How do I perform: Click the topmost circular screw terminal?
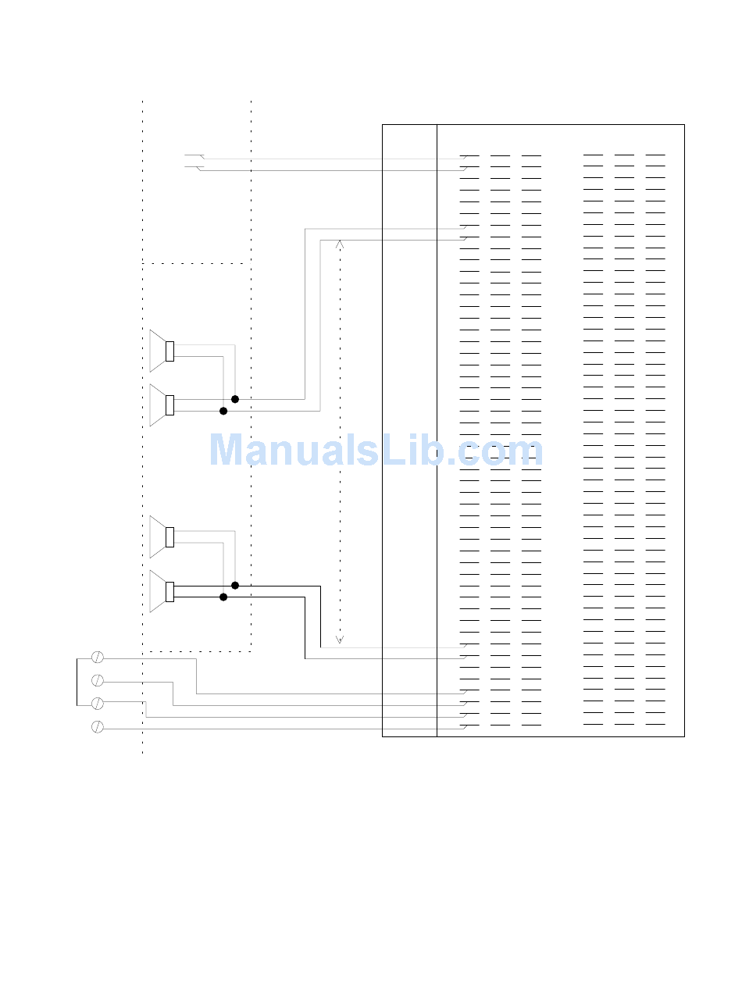(x=98, y=657)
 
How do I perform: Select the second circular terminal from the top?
(x=98, y=680)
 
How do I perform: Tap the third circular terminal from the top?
(x=98, y=704)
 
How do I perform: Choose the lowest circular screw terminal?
(x=98, y=727)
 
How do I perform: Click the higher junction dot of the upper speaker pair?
(x=235, y=399)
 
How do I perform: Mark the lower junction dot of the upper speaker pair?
(x=223, y=411)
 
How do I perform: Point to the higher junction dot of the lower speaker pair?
(x=235, y=585)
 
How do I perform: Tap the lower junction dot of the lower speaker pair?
(x=223, y=597)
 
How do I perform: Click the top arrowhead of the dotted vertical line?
(x=340, y=243)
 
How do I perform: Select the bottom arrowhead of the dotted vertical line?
(x=340, y=639)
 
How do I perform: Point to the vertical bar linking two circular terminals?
(x=77, y=682)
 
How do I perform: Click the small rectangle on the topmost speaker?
(x=169, y=351)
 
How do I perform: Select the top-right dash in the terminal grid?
(x=655, y=155)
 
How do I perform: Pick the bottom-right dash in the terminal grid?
(x=655, y=725)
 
